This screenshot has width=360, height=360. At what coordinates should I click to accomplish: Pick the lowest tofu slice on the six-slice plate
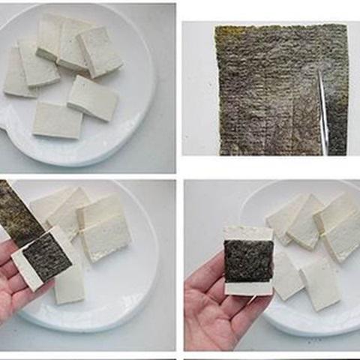pyautogui.click(x=57, y=120)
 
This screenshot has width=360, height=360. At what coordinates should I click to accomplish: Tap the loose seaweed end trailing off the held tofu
pyautogui.click(x=16, y=213)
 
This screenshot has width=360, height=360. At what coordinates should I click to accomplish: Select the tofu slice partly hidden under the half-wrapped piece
pyautogui.click(x=69, y=277)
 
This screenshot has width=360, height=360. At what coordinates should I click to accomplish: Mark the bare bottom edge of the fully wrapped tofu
pyautogui.click(x=247, y=288)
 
